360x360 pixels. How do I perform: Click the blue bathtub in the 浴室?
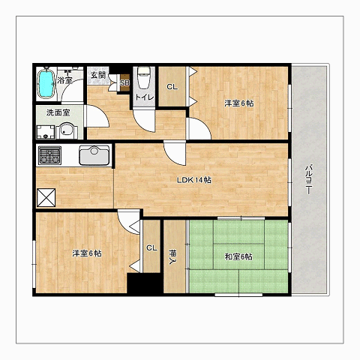(x=46, y=83)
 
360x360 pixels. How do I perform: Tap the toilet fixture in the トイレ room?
(x=144, y=78)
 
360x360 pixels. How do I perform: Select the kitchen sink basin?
(x=94, y=155)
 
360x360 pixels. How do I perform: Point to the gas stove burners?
(x=49, y=154)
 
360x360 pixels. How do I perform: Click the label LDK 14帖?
(x=194, y=180)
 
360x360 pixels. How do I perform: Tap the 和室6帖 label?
(x=238, y=256)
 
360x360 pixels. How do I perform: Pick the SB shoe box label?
(x=124, y=82)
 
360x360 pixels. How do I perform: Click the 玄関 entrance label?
(x=98, y=75)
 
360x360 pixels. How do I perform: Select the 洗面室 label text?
(x=58, y=112)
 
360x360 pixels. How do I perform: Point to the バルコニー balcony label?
(x=309, y=179)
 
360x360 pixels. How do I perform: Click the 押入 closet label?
(x=172, y=257)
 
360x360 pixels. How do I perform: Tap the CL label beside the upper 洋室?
(x=172, y=87)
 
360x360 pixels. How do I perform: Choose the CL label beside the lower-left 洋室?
(x=151, y=248)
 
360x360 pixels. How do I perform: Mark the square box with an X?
(x=46, y=198)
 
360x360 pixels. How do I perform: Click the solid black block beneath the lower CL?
(x=144, y=283)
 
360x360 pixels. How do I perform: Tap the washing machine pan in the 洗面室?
(x=46, y=132)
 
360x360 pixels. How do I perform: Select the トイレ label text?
(x=144, y=97)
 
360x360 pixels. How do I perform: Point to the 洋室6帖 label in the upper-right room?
(x=239, y=103)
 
